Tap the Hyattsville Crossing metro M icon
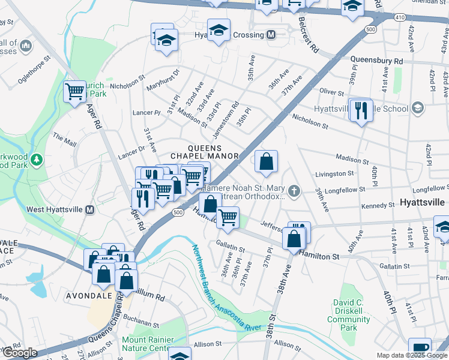coord(271,35)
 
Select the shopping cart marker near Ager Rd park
coord(74,92)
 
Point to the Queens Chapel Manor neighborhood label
coord(213,152)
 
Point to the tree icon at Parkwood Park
coord(37,160)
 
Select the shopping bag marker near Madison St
coord(266,161)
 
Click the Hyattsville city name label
coord(423,202)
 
